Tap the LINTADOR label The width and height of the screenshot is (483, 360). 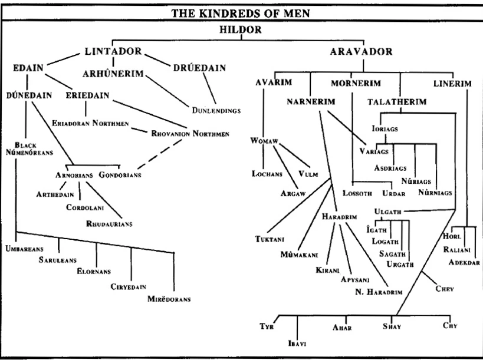point(113,51)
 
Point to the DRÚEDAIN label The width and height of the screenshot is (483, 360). point(200,68)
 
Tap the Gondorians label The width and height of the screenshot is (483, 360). point(120,176)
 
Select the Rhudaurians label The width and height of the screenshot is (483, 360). point(110,224)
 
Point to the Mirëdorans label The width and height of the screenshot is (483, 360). point(169,299)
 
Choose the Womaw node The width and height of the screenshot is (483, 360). point(264,141)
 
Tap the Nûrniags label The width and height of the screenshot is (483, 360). point(435,193)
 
